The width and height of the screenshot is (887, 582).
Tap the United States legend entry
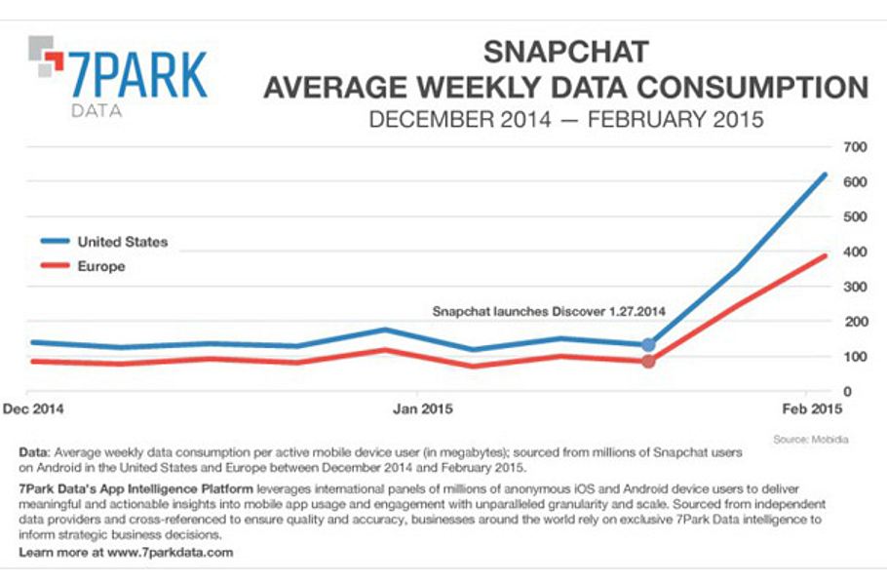coord(122,242)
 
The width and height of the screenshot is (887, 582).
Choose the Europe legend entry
coord(100,265)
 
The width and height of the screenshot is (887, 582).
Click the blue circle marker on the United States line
coord(648,344)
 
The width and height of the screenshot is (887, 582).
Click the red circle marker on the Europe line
coord(648,362)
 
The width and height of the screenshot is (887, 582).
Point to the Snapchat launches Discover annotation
coord(549,312)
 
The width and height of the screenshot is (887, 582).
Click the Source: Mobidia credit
coord(810,439)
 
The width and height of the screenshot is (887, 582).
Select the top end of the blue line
coord(825,175)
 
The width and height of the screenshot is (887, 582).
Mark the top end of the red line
coord(825,256)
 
